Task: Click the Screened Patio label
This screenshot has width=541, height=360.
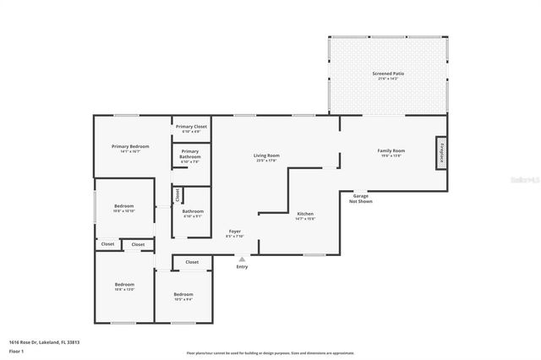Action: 388,74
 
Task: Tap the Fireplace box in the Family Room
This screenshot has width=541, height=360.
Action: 440,153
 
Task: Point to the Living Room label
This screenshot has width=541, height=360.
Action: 267,155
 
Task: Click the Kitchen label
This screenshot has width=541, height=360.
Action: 305,215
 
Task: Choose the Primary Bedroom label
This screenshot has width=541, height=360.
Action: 131,146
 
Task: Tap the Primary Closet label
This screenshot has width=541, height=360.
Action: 191,127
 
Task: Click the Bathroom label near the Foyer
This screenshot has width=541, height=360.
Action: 192,211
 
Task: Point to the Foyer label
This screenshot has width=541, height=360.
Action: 235,232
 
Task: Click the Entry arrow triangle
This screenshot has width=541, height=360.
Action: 243,259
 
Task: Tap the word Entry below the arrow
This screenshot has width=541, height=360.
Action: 243,267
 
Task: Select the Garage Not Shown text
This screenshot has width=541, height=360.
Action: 361,199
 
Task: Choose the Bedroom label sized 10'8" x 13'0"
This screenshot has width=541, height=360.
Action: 124,285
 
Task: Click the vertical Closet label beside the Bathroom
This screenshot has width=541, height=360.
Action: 178,194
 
